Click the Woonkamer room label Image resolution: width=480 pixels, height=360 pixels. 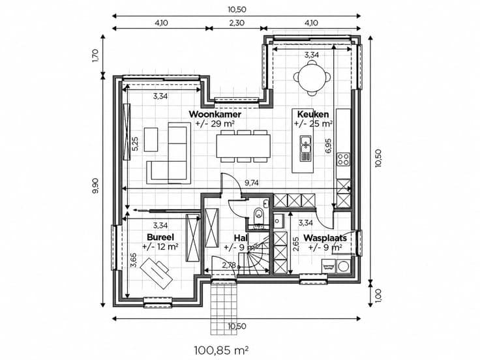click(215, 114)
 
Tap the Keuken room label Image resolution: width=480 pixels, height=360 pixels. click(313, 114)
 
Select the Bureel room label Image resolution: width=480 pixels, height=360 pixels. click(160, 237)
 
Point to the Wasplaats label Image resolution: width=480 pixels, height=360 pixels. click(325, 238)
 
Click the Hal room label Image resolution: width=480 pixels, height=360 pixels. click(241, 238)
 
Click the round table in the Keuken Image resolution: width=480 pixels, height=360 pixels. click(312, 78)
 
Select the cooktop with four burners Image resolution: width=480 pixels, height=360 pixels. click(343, 159)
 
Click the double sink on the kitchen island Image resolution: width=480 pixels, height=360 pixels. click(305, 149)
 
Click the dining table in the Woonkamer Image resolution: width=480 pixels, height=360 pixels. click(243, 146)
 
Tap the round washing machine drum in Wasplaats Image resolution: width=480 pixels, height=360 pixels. click(344, 266)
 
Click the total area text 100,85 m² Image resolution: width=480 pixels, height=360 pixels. click(221, 350)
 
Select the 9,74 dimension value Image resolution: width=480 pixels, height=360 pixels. click(251, 183)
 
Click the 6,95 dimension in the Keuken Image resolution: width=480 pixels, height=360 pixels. click(329, 146)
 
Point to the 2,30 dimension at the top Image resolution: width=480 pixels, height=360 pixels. click(237, 23)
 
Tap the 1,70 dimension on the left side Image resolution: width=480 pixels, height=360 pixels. click(95, 55)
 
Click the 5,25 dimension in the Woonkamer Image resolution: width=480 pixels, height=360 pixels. click(135, 144)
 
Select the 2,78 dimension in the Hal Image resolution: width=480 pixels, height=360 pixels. click(230, 265)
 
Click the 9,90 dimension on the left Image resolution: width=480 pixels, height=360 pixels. click(95, 187)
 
